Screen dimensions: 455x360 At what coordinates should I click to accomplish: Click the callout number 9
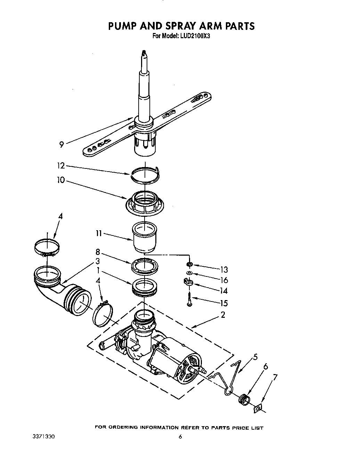pos(61,144)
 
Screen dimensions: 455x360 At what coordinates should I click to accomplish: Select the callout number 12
pos(61,166)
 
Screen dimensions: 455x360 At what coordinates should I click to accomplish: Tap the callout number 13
pos(224,270)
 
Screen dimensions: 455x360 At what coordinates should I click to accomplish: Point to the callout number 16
pos(224,280)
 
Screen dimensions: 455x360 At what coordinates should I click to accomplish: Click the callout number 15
pos(224,303)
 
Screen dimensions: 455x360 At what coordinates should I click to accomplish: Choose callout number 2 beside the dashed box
pos(223,315)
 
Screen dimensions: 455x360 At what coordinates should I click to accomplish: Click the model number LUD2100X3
pos(191,35)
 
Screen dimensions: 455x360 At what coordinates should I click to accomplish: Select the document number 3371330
pos(42,436)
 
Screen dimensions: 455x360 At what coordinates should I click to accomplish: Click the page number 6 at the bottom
pos(180,437)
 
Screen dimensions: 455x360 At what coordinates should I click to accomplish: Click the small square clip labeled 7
pos(257,408)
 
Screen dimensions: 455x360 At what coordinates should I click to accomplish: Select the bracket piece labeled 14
pos(188,282)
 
